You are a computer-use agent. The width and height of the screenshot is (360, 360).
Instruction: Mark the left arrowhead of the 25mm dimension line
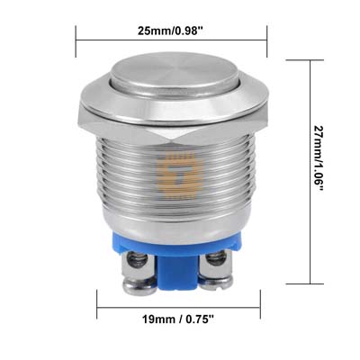point(80,39)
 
